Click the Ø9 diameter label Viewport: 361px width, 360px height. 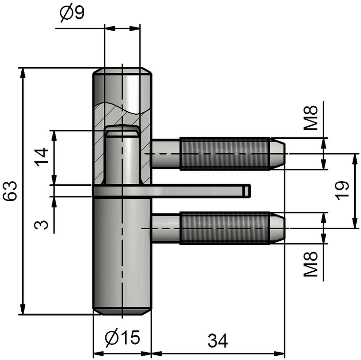coord(72,14)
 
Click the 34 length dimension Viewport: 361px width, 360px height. coord(218,341)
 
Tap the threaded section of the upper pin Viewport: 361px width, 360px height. coord(224,154)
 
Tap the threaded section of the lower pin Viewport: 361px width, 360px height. coord(224,228)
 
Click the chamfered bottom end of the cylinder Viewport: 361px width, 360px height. coord(122,311)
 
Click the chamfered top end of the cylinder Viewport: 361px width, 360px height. coord(122,71)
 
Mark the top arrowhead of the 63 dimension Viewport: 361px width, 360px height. coord(23,73)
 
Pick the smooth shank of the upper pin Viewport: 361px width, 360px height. coord(166,154)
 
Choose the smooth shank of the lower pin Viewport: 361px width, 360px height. coord(166,228)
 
